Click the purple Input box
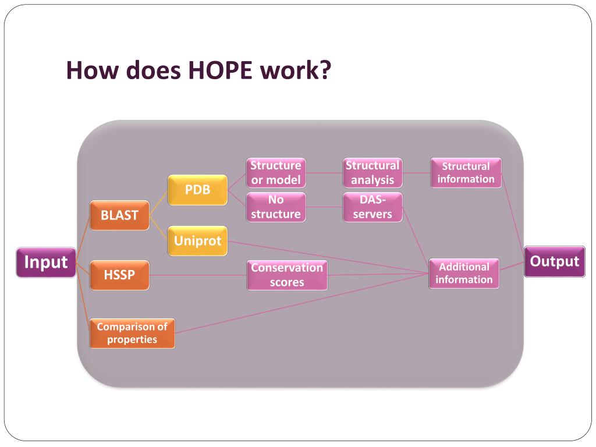click(46, 262)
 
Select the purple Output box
click(554, 261)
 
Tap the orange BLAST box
click(119, 215)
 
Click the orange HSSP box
click(119, 275)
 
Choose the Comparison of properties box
click(132, 333)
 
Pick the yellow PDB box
click(197, 190)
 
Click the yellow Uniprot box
click(197, 241)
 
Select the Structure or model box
click(276, 172)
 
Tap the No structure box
click(276, 207)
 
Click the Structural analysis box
click(372, 172)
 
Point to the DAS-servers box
click(372, 207)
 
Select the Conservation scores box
click(287, 275)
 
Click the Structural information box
click(466, 173)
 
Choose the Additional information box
click(464, 274)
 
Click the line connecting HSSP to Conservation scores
click(198, 275)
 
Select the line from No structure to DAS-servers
click(324, 207)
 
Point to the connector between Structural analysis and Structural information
click(416, 172)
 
